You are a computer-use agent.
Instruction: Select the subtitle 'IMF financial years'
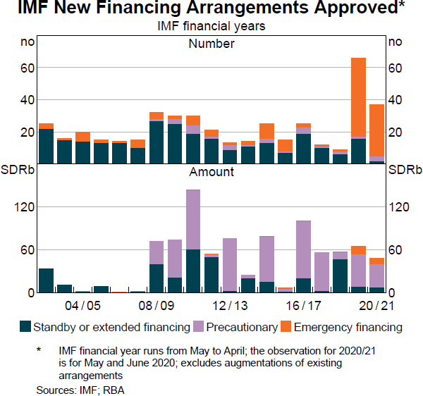point(211,27)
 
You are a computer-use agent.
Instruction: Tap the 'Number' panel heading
point(211,44)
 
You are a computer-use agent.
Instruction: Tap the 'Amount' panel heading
point(211,171)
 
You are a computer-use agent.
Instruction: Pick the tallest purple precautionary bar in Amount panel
point(193,219)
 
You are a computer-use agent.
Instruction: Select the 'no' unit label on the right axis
point(395,42)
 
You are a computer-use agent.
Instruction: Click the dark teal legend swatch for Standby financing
point(25,326)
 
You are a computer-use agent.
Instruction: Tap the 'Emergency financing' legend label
point(348,327)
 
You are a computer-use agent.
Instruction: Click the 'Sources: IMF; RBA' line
point(80,389)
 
